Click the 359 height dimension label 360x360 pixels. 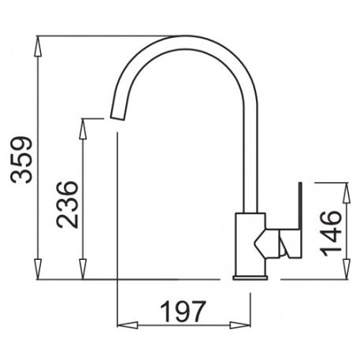[x=21, y=159]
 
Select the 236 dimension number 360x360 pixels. [x=67, y=205]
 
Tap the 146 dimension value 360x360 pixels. [x=331, y=233]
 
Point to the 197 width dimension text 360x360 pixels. [x=183, y=312]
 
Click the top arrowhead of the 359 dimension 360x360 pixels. [x=38, y=46]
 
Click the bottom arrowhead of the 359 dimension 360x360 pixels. [x=38, y=269]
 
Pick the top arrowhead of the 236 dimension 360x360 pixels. [x=83, y=129]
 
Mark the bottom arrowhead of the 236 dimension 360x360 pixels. [x=83, y=269]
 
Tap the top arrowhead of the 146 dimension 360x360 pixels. [x=347, y=193]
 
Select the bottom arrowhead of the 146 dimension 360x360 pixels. [x=347, y=269]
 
